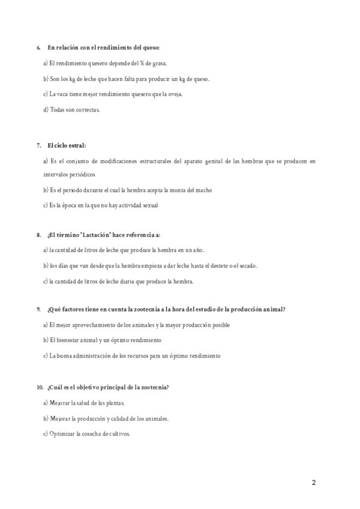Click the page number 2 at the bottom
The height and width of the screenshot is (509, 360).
[x=314, y=483]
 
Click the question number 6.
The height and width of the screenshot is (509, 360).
[x=38, y=47]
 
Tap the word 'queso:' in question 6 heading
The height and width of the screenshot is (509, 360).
[x=152, y=47]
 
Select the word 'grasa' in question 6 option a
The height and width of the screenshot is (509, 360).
[x=158, y=63]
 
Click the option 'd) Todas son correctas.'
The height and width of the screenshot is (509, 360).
[x=71, y=110]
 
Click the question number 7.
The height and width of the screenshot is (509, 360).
[x=38, y=146]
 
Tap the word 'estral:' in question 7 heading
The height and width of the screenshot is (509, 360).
[x=76, y=146]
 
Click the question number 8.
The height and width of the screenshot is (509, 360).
[x=38, y=235]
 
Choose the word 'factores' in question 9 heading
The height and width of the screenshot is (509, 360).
[x=74, y=309]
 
